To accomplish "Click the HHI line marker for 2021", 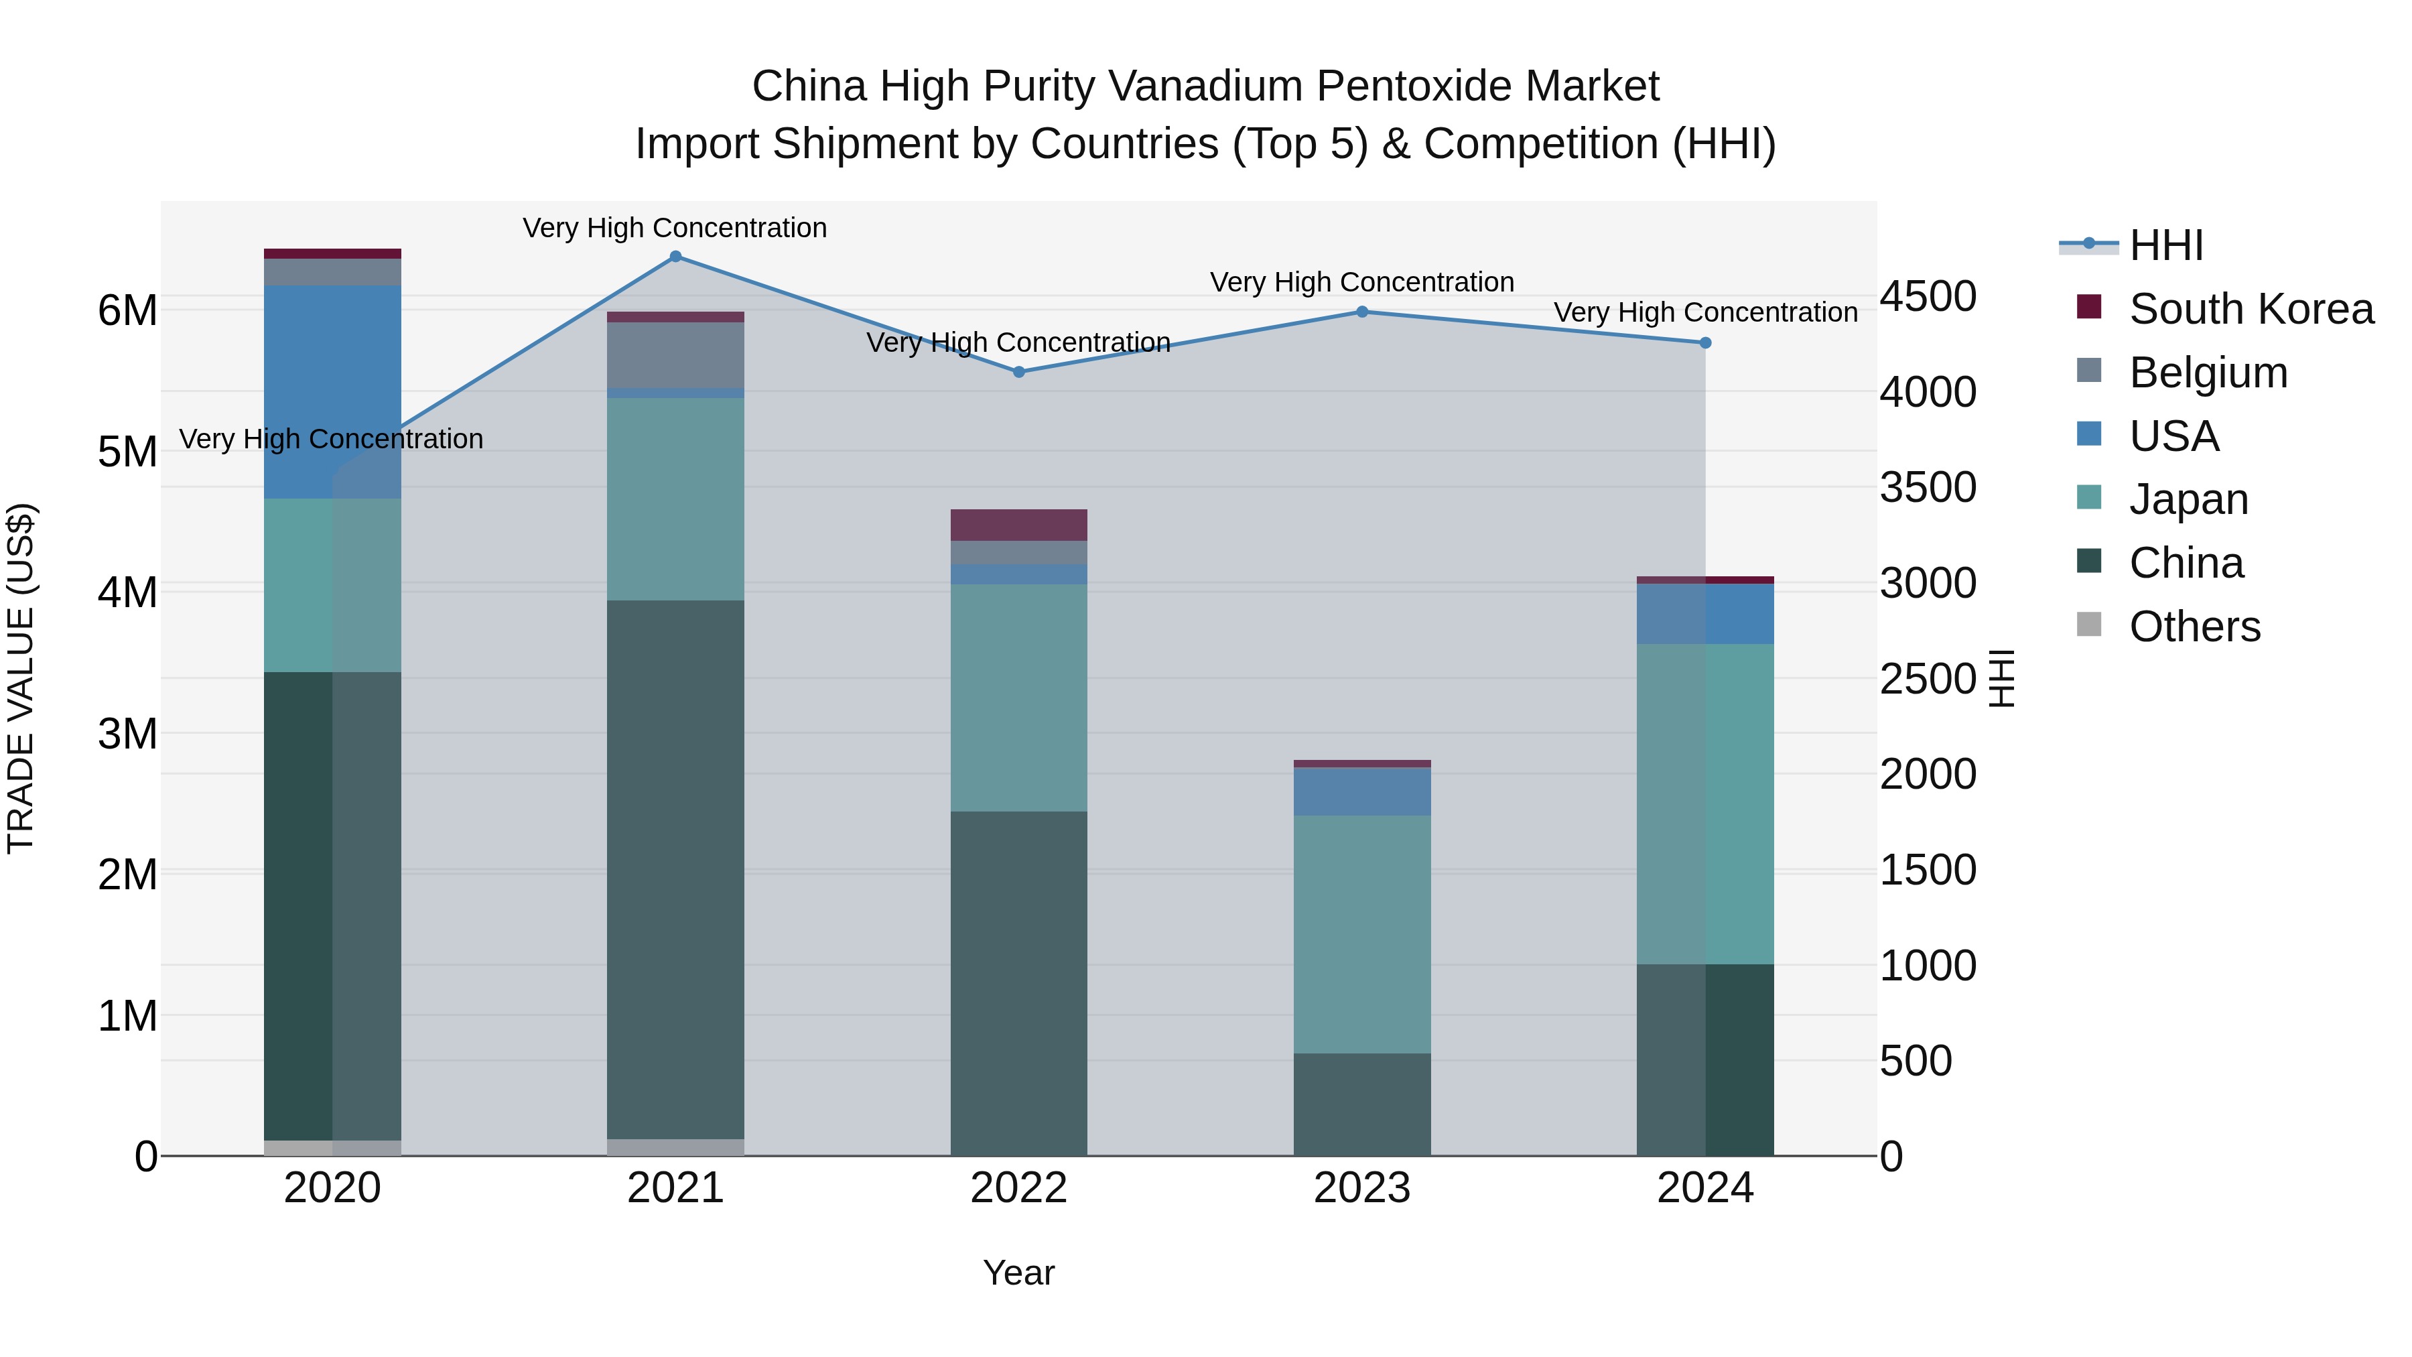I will tap(675, 257).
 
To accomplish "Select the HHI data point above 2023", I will tap(1362, 312).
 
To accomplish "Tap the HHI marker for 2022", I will tap(1018, 372).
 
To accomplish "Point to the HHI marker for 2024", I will tap(1705, 342).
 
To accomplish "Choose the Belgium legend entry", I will tap(2207, 373).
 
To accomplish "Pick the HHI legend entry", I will tap(2165, 245).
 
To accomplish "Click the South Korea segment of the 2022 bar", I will tap(1018, 525).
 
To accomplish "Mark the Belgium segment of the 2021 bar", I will tap(675, 355).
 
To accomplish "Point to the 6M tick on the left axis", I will tap(127, 311).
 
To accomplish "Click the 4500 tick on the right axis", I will tap(1928, 297).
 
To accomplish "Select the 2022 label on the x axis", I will tap(1018, 1188).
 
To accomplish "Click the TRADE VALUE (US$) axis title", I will tap(21, 678).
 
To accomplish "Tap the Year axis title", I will tap(1018, 1273).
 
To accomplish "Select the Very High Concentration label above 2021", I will tap(675, 228).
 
